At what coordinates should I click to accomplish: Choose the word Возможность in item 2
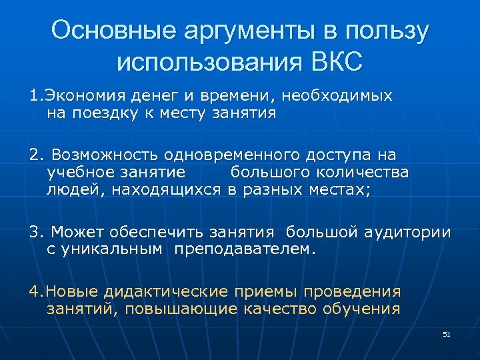coord(104,155)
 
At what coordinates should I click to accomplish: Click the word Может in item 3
coord(73,232)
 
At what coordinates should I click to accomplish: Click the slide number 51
coord(447,333)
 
